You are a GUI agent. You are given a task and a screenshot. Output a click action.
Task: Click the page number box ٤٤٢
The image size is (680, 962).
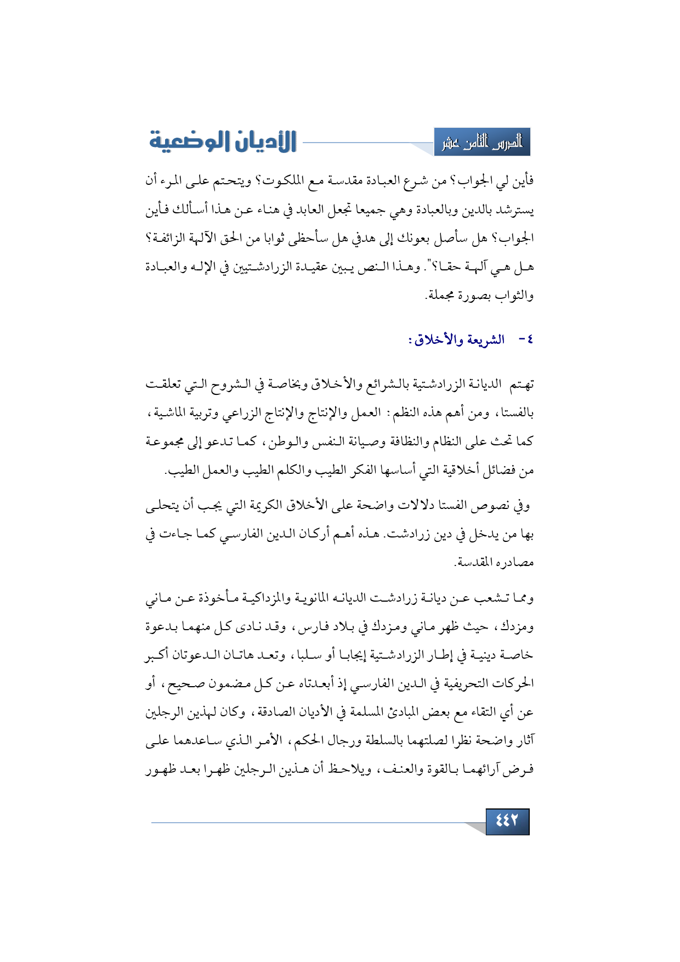[x=507, y=821]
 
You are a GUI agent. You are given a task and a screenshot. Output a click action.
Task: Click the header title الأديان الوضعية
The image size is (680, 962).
[x=223, y=141]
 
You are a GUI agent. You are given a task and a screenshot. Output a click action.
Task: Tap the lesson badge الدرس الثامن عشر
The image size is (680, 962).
[x=482, y=143]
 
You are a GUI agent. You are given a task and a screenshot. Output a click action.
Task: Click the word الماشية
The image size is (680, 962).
[x=167, y=413]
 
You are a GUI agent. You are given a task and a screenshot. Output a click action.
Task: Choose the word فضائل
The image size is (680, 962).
[x=502, y=471]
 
